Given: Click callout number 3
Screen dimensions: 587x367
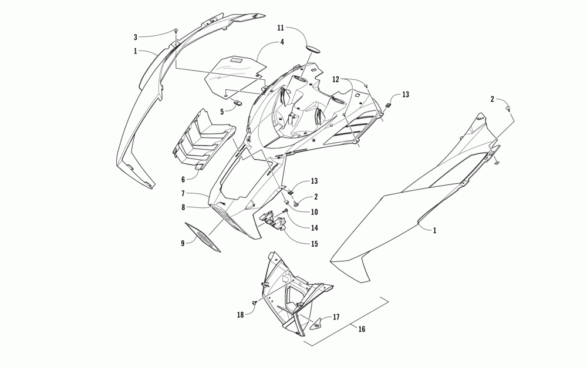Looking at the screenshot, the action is coord(135,37).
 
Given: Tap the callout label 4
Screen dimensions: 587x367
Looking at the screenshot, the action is coord(282,42).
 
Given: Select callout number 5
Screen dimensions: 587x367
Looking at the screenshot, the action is coord(222,111).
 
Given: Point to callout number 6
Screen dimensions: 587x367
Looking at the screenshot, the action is coord(183,179).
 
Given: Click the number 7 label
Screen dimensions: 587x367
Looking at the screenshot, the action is coord(183,193).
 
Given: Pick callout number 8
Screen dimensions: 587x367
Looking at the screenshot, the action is coord(183,207).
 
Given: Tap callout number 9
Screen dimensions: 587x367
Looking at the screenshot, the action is coord(183,243).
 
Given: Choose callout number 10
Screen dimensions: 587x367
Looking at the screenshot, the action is coord(315,212).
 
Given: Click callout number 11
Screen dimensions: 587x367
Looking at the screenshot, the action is coord(281,28).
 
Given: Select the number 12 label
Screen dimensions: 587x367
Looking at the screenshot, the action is coord(336,79).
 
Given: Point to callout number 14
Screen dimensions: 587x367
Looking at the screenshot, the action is coord(315,228).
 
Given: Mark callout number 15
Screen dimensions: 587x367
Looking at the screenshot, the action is coord(315,244).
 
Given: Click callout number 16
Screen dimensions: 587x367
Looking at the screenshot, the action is coord(362,329).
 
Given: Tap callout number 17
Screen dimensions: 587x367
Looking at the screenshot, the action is coord(336,317).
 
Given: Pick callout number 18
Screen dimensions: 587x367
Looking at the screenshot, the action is coord(240,315).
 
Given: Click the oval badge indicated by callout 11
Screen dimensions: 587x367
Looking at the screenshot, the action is coord(315,47).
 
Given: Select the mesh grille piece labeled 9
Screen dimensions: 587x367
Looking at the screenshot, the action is coord(203,237).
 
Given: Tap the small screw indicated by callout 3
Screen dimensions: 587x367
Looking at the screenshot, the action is coord(176,31).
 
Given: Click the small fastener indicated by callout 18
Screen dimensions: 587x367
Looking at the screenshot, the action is coord(254,304).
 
